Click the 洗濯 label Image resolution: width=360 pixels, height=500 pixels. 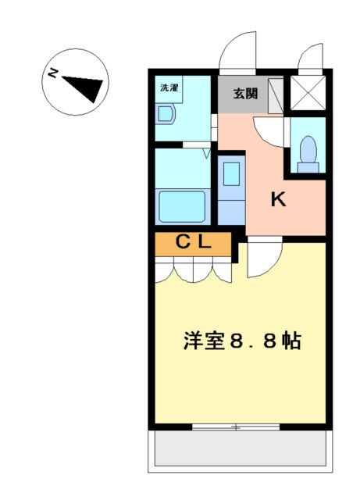tap(169, 87)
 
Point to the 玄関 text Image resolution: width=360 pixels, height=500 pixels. tap(245, 94)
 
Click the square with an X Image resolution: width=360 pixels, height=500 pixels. tap(307, 94)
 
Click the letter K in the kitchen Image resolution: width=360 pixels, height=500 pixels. tap(278, 200)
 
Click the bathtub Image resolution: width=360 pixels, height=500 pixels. tap(183, 207)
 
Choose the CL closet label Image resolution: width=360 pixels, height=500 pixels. tap(192, 242)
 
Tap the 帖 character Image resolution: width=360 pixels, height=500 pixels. tap(292, 341)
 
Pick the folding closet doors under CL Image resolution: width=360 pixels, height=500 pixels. tap(193, 270)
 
